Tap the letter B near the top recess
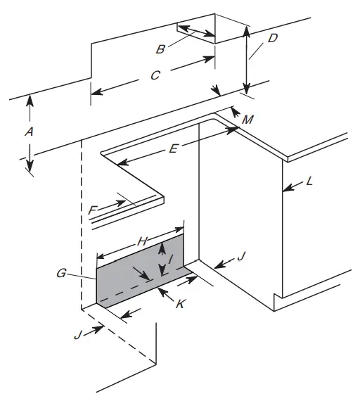pos(161,49)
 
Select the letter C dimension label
pos(155,75)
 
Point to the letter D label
pos(273,38)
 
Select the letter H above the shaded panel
pos(142,241)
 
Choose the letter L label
pos(310,182)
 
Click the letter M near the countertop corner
pos(247,120)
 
